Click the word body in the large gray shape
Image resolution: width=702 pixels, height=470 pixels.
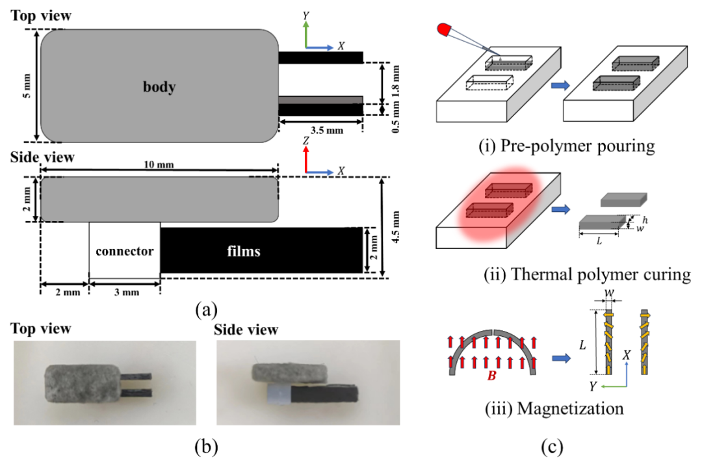[159, 86]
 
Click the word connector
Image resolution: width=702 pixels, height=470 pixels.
[124, 251]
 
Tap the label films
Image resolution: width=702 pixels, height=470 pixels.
[244, 251]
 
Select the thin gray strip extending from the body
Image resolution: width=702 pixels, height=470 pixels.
[320, 100]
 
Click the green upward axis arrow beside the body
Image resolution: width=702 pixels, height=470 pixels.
[306, 33]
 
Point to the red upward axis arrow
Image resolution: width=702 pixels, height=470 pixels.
[306, 158]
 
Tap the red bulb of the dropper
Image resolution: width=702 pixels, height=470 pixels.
[445, 29]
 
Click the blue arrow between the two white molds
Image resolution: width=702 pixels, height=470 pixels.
[560, 85]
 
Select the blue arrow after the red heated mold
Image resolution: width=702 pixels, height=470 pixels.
[560, 209]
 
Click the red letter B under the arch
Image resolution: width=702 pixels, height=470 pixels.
[491, 376]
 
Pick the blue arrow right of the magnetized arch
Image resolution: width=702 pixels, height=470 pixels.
[560, 358]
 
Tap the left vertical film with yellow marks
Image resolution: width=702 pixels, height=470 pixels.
[609, 342]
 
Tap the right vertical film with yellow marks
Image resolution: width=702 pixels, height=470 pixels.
[644, 342]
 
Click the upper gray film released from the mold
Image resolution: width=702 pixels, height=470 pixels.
[623, 200]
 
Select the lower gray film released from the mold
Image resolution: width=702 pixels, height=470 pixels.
[602, 223]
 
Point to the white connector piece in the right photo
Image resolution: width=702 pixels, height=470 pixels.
[278, 392]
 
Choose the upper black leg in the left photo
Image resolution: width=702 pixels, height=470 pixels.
[136, 376]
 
